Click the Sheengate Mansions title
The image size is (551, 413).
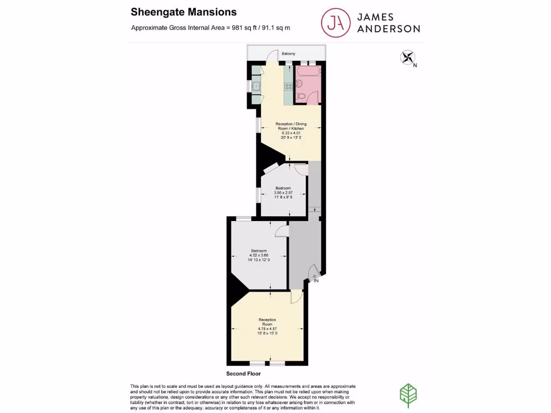[183, 12]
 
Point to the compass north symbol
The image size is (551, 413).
[408, 58]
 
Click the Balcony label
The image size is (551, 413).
[288, 54]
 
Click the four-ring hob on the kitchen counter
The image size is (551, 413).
[288, 86]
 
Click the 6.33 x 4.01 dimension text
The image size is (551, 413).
[291, 133]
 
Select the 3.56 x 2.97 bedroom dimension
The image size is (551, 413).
[283, 193]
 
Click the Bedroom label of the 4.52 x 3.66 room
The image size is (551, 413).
[258, 251]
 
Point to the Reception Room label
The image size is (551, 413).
[267, 322]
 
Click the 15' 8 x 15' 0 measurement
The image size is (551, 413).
[267, 334]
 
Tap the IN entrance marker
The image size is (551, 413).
[316, 280]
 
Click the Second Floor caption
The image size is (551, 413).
[243, 373]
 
